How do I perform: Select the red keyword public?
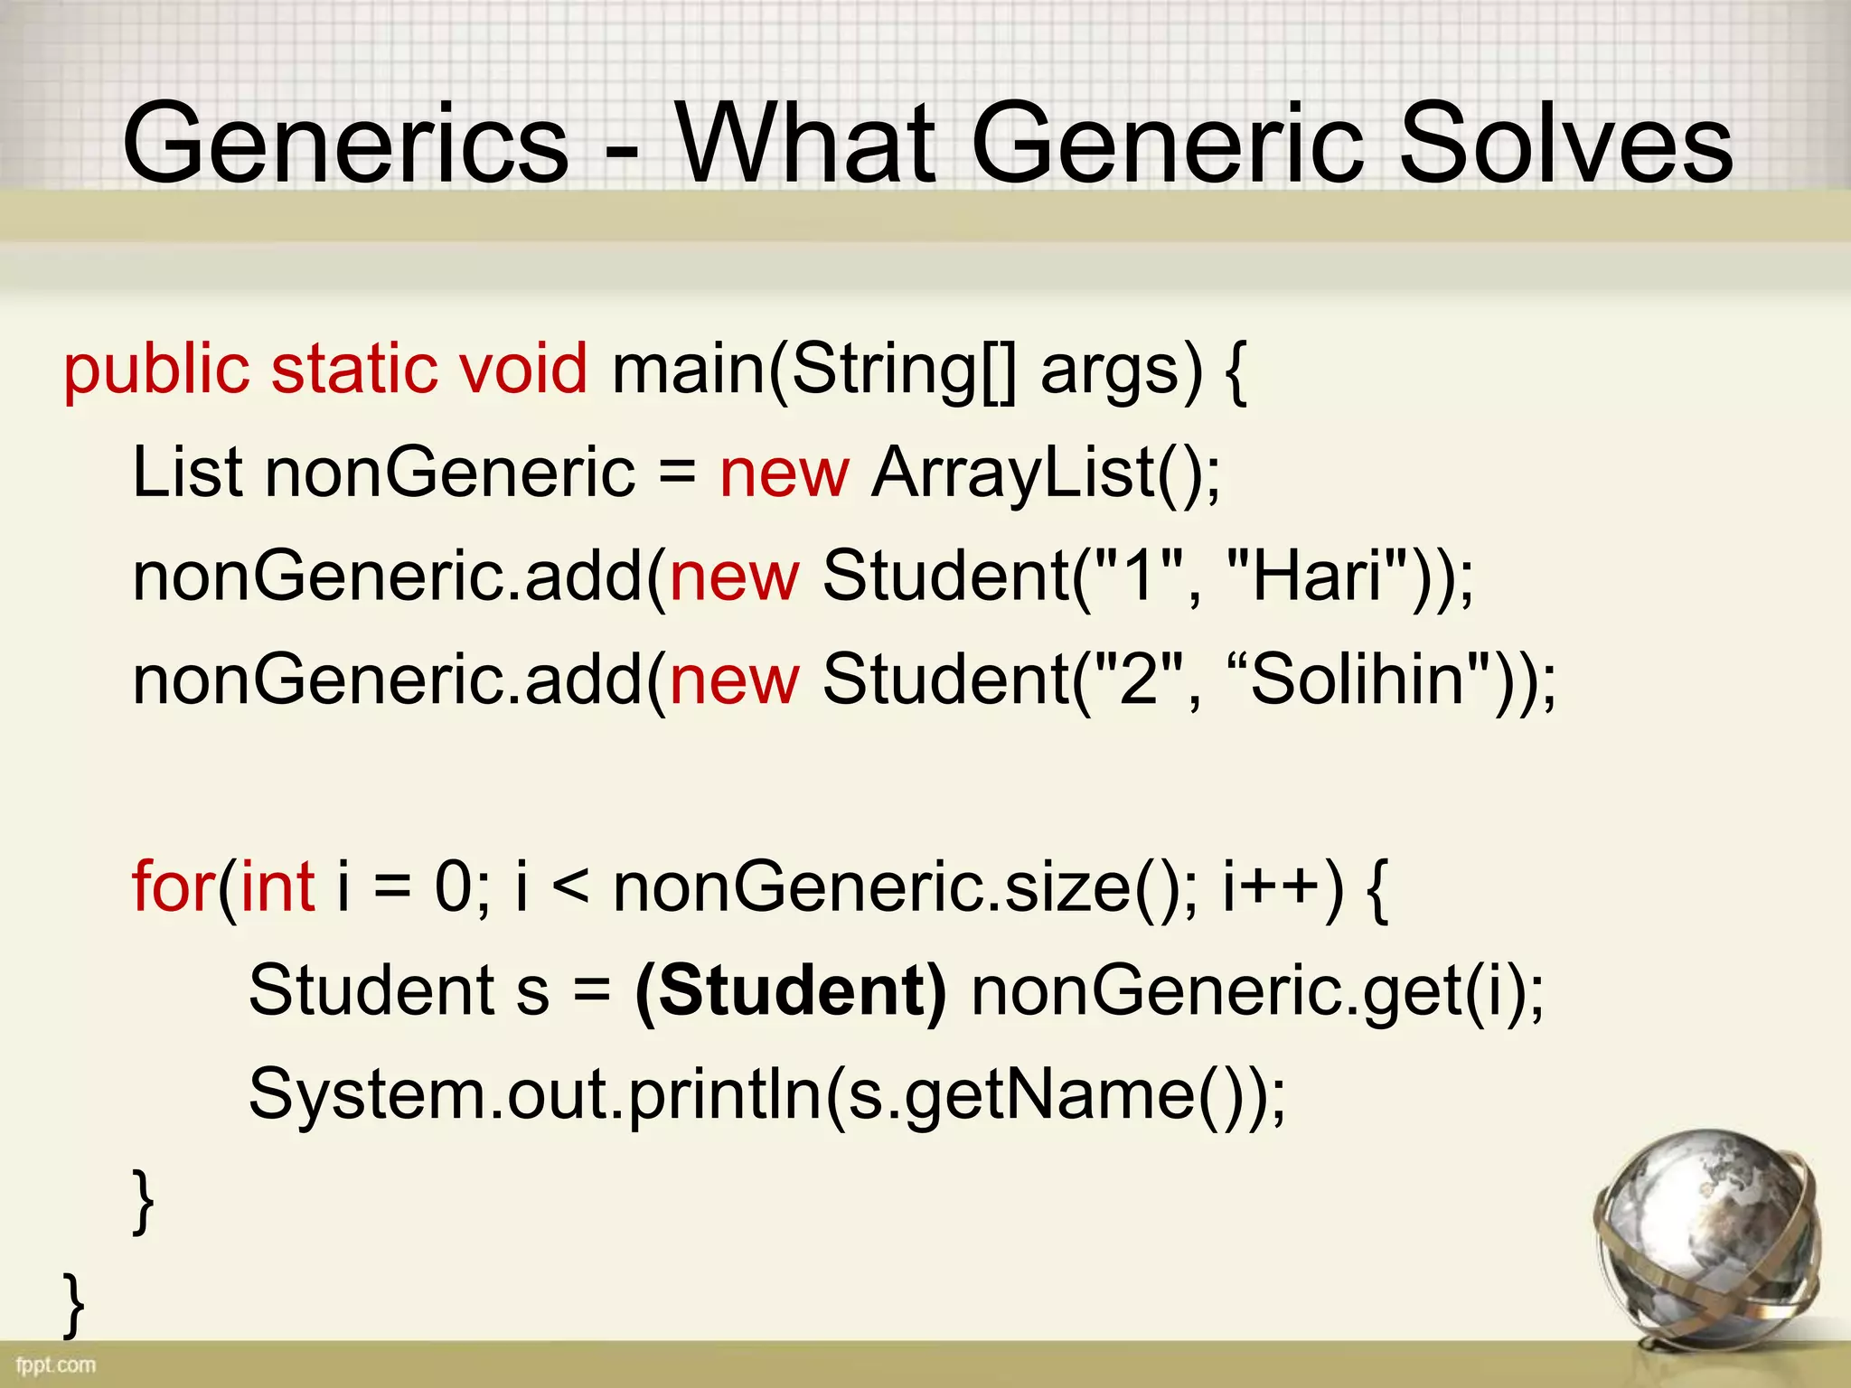point(155,370)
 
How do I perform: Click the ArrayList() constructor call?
point(1044,474)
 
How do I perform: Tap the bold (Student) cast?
point(791,991)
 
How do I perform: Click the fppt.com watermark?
point(56,1365)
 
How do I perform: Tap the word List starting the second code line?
point(187,473)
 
